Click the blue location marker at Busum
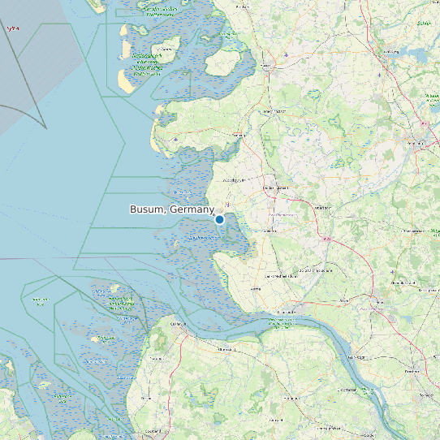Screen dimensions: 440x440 pyautogui.click(x=219, y=219)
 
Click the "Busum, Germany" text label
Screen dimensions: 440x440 pyautogui.click(x=171, y=209)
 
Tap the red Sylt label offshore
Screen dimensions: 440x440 pyautogui.click(x=12, y=28)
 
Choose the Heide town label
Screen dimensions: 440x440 pyautogui.click(x=276, y=188)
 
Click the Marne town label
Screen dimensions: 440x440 pyautogui.click(x=257, y=288)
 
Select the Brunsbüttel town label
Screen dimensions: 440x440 pyautogui.click(x=287, y=312)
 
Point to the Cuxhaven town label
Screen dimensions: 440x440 pyautogui.click(x=178, y=324)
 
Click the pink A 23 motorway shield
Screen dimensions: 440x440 pyautogui.click(x=327, y=240)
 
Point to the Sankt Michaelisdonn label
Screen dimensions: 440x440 pyautogui.click(x=287, y=275)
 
